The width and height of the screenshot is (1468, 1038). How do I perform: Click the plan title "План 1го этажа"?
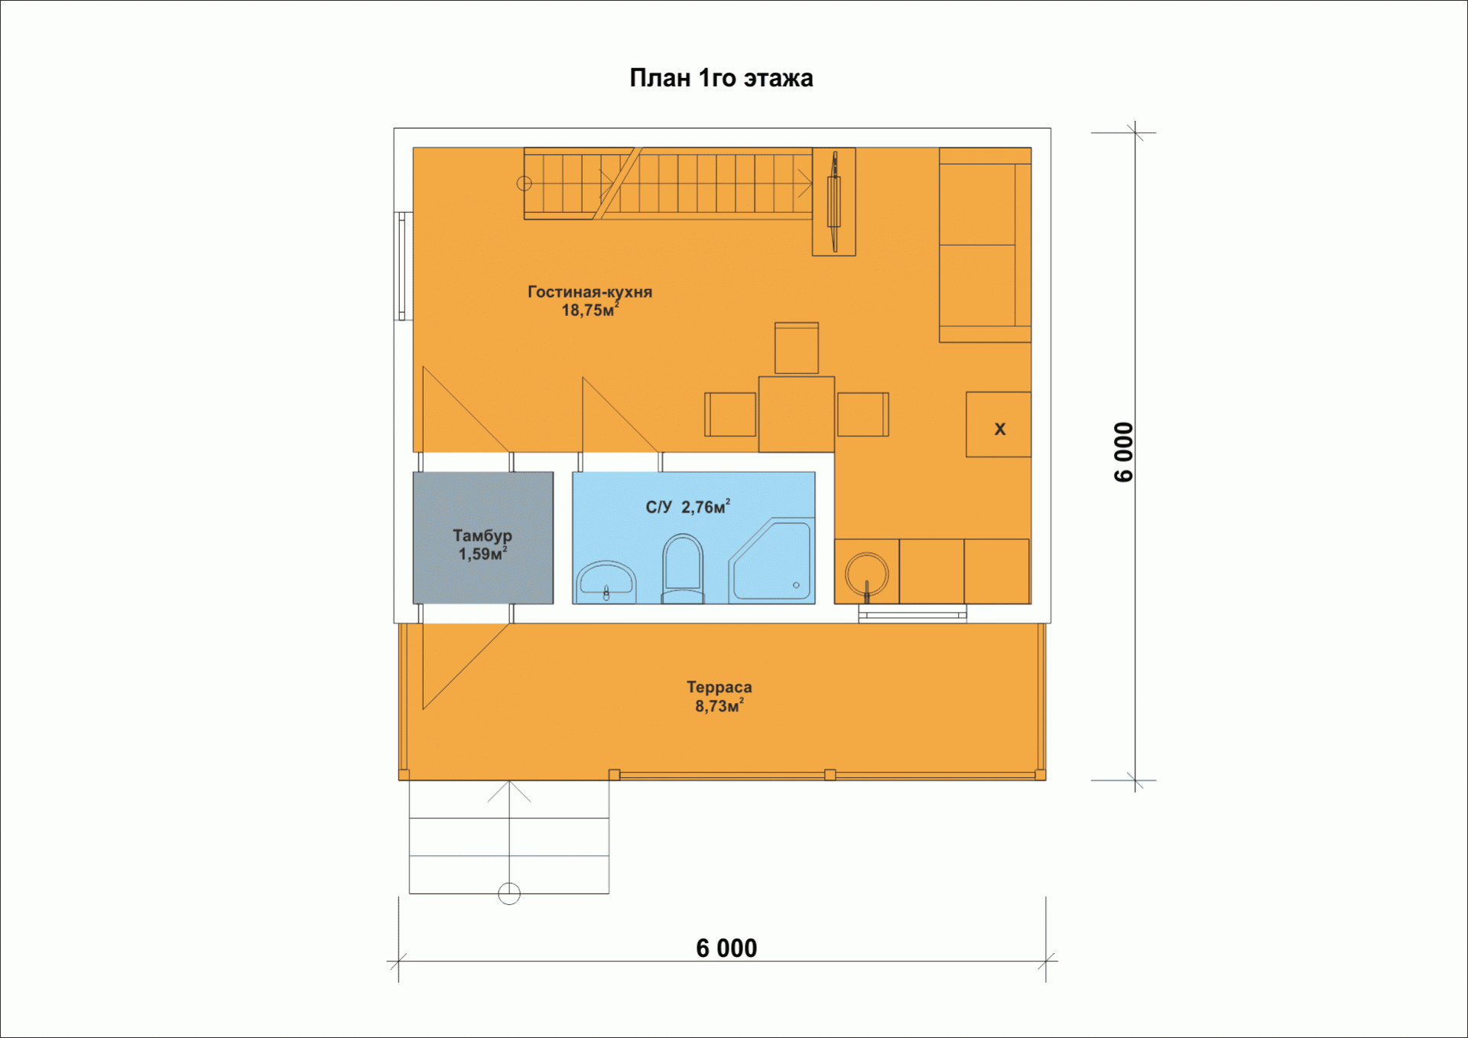[x=721, y=78]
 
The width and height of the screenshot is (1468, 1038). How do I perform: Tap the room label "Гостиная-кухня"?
[x=589, y=291]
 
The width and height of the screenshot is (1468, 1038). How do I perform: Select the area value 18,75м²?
[x=589, y=310]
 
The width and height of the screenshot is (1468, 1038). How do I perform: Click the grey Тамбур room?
[x=483, y=538]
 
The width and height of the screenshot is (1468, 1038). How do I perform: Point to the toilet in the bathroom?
[x=683, y=570]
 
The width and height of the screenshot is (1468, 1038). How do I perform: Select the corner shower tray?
[x=771, y=561]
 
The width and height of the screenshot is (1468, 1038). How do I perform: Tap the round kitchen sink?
[x=867, y=574]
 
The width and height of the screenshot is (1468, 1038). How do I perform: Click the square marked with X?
[x=999, y=425]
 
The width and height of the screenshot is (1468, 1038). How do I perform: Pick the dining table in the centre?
[x=797, y=414]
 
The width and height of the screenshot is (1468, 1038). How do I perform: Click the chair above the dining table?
[x=797, y=348]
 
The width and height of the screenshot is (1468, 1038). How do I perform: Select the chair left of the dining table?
[x=730, y=415]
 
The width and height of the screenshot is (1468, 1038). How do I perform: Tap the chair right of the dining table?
[x=863, y=415]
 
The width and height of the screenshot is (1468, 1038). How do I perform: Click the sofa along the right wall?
[x=985, y=245]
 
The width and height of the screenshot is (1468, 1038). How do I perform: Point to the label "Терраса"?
[x=719, y=687]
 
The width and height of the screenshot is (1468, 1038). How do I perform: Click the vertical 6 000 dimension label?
[x=1123, y=452]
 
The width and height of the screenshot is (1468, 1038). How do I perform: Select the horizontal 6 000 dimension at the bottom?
[x=726, y=949]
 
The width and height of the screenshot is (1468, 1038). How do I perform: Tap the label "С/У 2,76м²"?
[x=688, y=507]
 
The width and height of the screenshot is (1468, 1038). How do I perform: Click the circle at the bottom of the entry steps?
[x=509, y=893]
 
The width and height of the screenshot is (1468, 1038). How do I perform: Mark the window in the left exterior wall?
[x=402, y=266]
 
